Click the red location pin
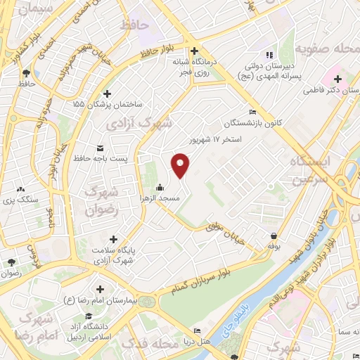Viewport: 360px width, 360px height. click(x=181, y=165)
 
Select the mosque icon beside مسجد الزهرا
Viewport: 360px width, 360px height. click(x=161, y=188)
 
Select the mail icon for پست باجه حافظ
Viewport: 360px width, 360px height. click(x=99, y=148)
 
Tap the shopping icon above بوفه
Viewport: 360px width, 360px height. click(x=273, y=236)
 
